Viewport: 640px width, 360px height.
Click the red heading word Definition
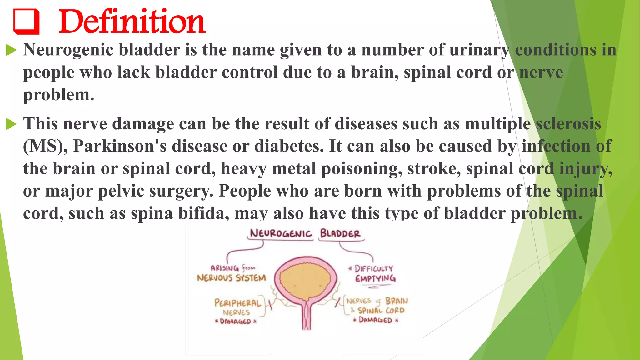coord(132,22)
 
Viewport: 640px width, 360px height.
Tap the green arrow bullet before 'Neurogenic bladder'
coord(11,50)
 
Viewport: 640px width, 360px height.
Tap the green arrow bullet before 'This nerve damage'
coord(11,124)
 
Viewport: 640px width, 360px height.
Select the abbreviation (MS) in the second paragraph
coord(45,146)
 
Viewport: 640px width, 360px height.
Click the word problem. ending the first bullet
coord(58,95)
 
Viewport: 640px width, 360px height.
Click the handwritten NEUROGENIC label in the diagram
coord(281,233)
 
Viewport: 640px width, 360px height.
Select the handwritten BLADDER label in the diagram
coord(340,233)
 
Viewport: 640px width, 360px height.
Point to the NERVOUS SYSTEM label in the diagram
coord(231,278)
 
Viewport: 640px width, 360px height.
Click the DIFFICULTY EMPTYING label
coord(374,273)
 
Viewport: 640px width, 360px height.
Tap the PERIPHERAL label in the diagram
coord(237,303)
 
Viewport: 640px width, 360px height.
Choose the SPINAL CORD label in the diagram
coord(381,311)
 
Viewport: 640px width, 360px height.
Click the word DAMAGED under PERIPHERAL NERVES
coord(235,322)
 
